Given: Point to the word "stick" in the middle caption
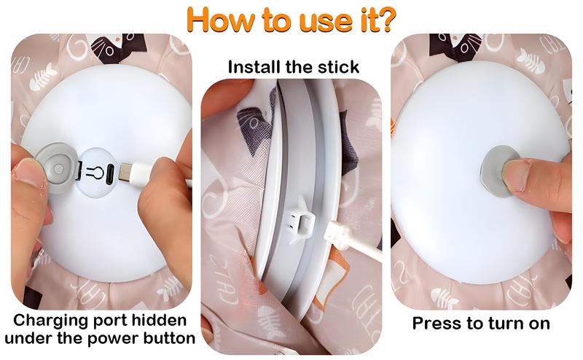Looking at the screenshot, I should pos(337,68).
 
